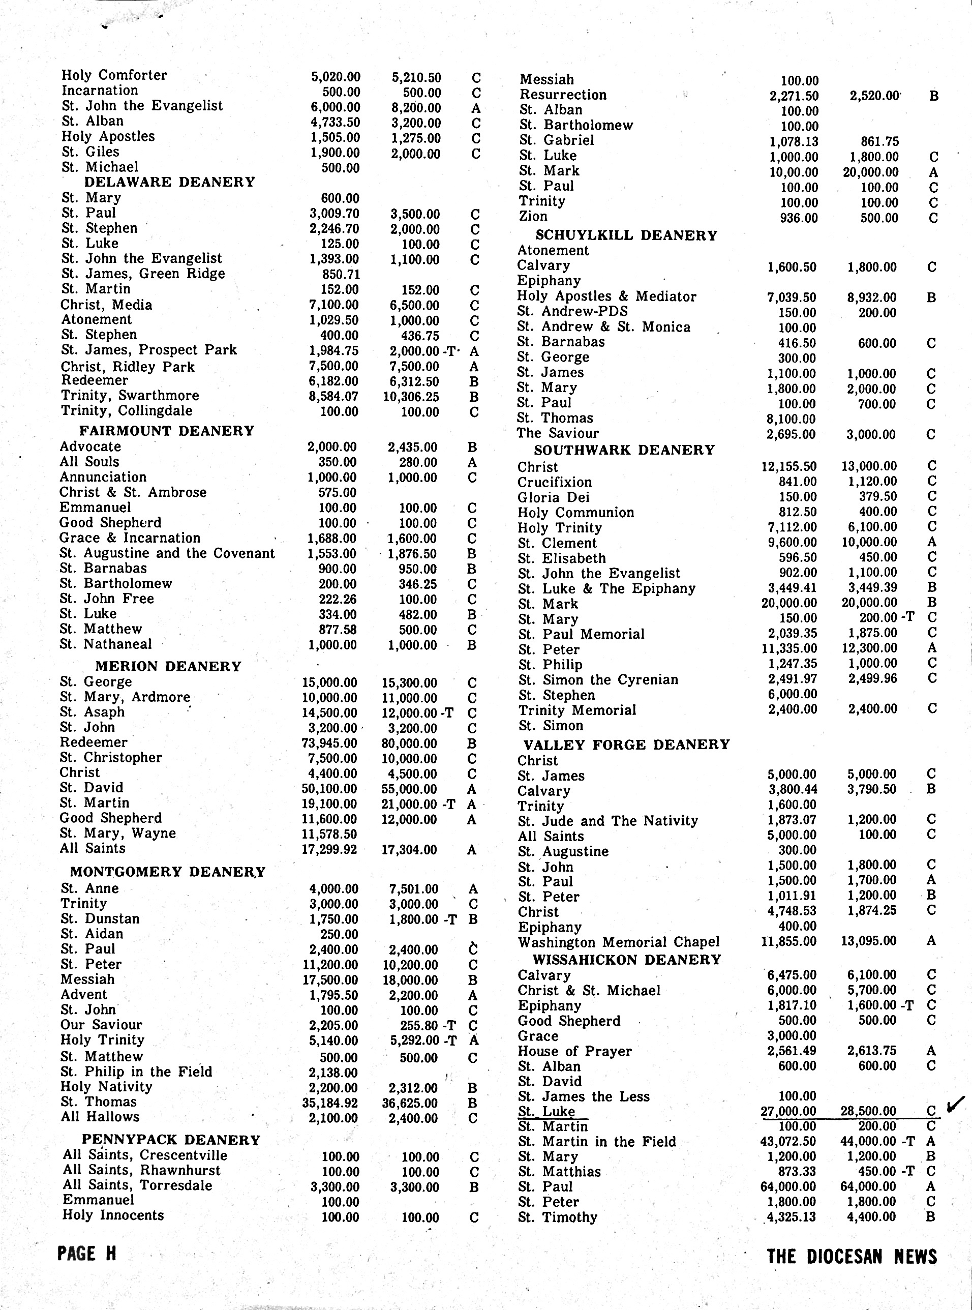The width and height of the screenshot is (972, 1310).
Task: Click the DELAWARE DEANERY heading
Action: pos(169,182)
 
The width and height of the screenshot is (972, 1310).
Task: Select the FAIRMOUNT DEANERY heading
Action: pos(167,431)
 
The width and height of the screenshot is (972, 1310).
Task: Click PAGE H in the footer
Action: pos(86,1254)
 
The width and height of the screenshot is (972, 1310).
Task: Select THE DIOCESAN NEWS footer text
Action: pos(852,1257)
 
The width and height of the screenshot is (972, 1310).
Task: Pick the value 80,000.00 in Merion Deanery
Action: pos(409,743)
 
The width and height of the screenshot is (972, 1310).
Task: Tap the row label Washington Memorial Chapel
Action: pos(618,942)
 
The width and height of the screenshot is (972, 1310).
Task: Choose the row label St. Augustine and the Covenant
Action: pos(167,553)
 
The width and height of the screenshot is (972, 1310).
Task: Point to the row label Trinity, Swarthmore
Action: pos(130,396)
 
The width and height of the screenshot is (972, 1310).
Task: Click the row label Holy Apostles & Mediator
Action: pos(606,296)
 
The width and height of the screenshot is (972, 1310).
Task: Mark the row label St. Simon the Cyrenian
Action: pos(598,680)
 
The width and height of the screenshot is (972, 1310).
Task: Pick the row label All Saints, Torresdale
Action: pos(137,1185)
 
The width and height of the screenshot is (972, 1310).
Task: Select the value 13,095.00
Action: pos(868,941)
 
